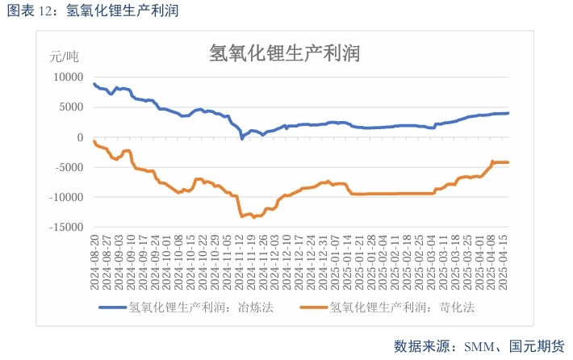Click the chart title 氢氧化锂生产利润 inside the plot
coord(283,53)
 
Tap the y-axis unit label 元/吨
coord(65,57)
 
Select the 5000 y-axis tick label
coord(71,107)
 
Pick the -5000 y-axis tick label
coord(69,167)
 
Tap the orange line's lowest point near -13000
coord(242,216)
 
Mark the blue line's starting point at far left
coord(94,84)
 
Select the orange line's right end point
coord(508,162)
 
